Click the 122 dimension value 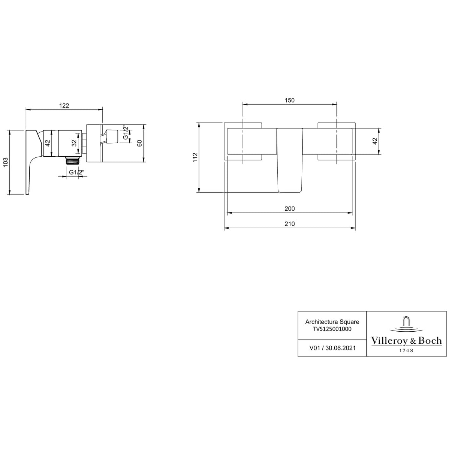[64, 106]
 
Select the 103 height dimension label [5, 162]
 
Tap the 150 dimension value [289, 100]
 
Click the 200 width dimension [289, 209]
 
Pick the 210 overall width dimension [289, 224]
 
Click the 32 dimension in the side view [74, 143]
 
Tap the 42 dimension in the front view [374, 141]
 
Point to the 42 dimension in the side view [47, 143]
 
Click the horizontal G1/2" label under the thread [77, 172]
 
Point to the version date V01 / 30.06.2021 [332, 348]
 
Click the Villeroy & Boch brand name [406, 341]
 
